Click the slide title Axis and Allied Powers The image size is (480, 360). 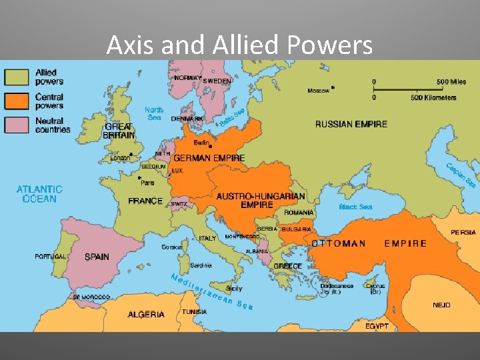[239, 45]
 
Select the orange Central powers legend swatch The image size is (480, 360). [16, 101]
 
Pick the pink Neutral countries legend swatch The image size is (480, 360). [16, 125]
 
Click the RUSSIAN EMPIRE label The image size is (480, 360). [351, 124]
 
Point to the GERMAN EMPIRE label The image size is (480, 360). [209, 158]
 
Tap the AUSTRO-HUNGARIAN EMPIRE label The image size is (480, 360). [261, 200]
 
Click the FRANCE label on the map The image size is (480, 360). [145, 201]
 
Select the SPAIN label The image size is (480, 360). [97, 257]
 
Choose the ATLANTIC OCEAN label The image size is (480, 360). [39, 194]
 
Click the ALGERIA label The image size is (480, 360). [146, 314]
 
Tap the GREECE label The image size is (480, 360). [288, 266]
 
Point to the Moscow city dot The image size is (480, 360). [333, 87]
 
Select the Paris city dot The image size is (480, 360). [139, 178]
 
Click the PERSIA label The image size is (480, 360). [463, 232]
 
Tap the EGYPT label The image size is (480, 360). [377, 326]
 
